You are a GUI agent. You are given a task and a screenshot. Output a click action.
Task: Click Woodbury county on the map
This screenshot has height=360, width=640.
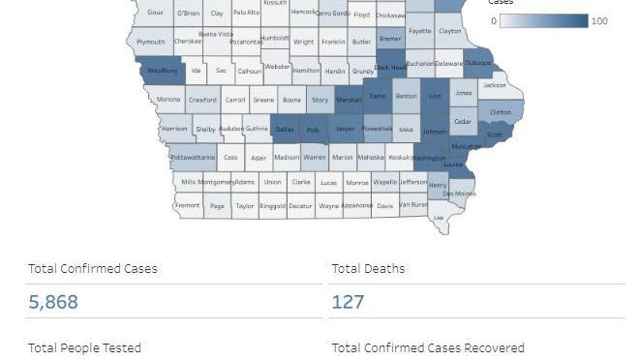click(162, 71)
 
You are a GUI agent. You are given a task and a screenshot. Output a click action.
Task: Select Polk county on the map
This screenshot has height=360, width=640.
click(313, 129)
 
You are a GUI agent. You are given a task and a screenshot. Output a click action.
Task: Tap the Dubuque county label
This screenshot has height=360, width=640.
click(479, 64)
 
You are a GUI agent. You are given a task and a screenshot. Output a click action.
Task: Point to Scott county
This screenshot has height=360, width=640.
click(494, 135)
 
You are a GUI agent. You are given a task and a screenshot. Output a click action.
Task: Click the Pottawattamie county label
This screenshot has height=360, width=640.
click(193, 157)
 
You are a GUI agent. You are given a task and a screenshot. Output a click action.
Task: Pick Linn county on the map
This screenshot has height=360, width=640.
click(435, 97)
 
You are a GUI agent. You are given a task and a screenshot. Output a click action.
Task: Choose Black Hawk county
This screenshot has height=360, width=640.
click(389, 68)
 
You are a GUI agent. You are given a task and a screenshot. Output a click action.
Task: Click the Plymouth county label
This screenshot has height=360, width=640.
click(150, 42)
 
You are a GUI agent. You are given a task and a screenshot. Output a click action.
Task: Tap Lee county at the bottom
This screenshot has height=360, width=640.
click(439, 218)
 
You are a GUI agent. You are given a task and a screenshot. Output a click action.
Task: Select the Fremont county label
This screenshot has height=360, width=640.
click(188, 205)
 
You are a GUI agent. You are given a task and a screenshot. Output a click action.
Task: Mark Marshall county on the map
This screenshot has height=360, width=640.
click(348, 100)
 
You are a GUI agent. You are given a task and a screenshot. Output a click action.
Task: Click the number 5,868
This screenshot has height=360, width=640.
click(53, 302)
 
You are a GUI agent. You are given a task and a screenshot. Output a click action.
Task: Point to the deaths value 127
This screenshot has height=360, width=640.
click(348, 302)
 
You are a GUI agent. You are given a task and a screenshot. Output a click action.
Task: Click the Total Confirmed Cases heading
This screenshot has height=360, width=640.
click(93, 268)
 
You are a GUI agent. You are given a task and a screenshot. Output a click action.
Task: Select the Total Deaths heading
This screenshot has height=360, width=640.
click(368, 268)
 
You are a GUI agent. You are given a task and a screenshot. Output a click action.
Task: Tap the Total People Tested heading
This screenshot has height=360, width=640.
click(85, 347)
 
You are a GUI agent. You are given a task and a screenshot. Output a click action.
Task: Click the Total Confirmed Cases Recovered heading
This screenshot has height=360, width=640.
click(428, 347)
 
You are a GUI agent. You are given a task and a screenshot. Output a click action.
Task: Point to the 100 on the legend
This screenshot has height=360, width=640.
click(598, 21)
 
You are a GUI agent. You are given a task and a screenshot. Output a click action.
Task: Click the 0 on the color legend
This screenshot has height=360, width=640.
click(494, 21)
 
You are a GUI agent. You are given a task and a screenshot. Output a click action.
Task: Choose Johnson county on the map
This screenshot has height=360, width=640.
click(435, 131)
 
